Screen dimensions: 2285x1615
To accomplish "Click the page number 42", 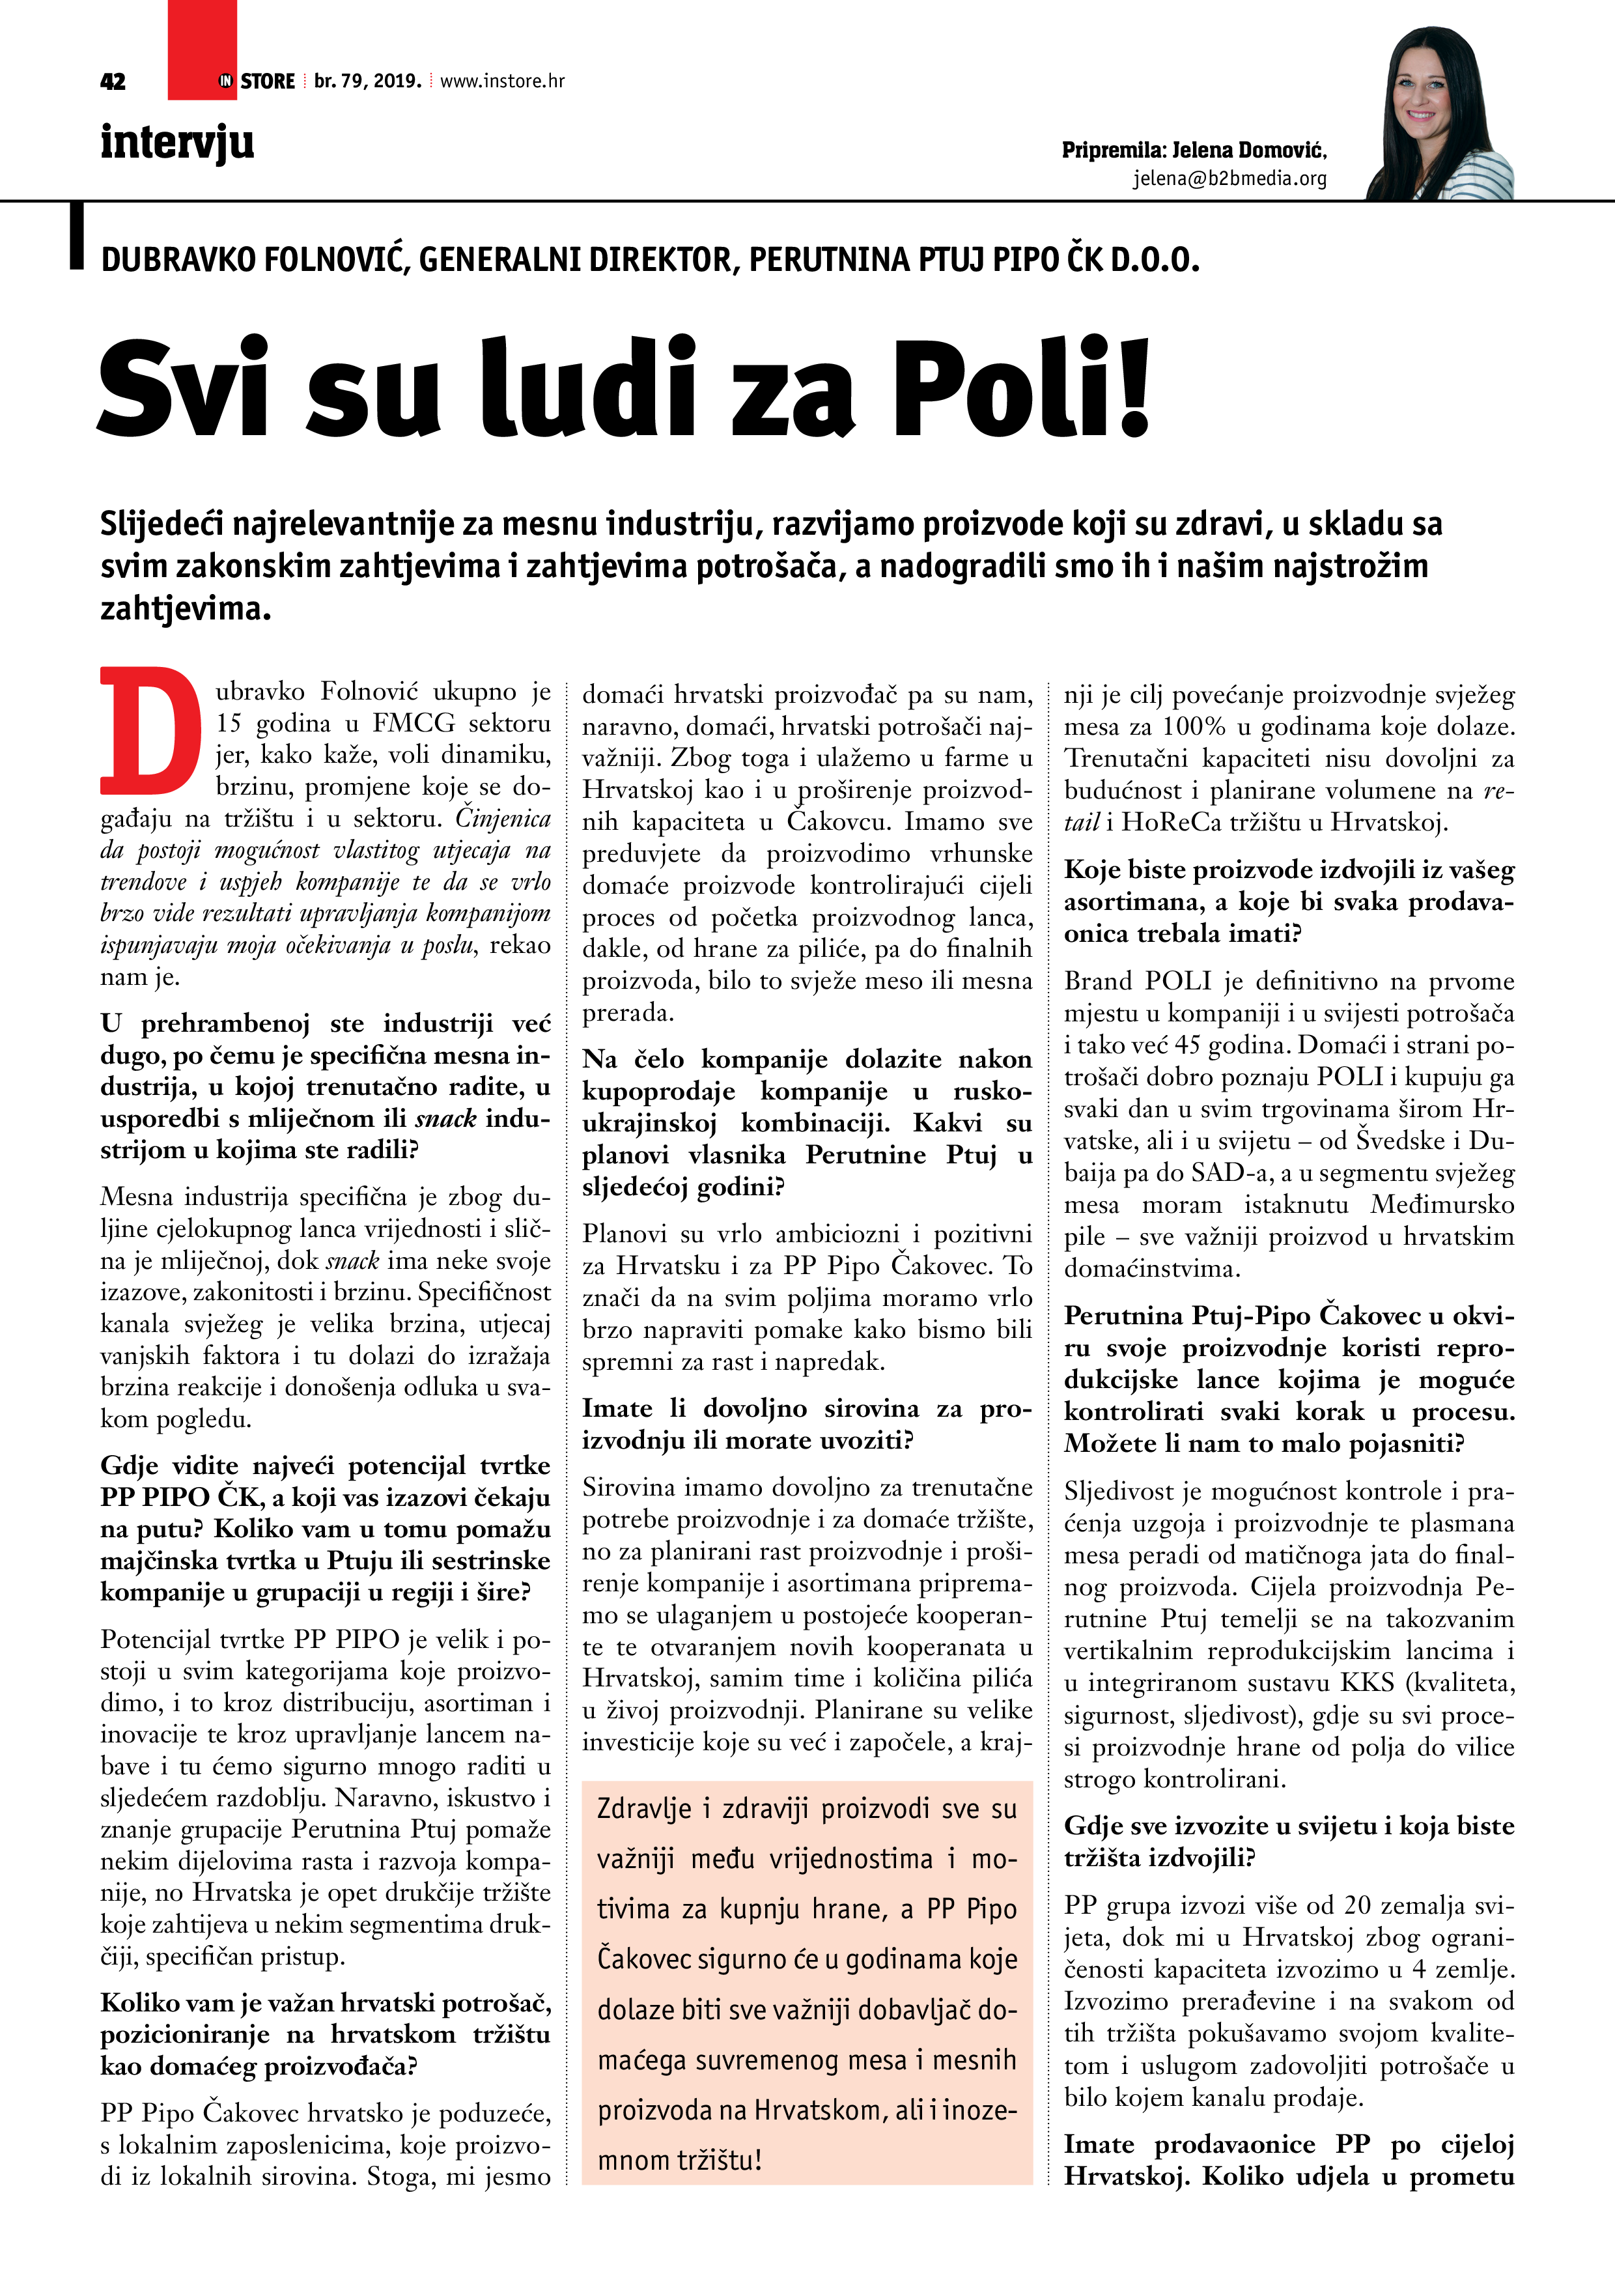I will point(113,81).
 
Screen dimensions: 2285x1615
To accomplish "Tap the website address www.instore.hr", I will point(503,81).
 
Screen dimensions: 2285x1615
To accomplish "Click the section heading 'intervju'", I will point(177,142).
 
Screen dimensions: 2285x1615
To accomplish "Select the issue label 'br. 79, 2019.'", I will point(367,81).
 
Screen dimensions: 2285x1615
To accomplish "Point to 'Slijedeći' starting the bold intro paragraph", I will point(168,524).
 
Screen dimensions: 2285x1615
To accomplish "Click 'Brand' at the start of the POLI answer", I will point(1099,981).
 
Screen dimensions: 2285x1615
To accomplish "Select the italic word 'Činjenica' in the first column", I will point(503,818).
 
